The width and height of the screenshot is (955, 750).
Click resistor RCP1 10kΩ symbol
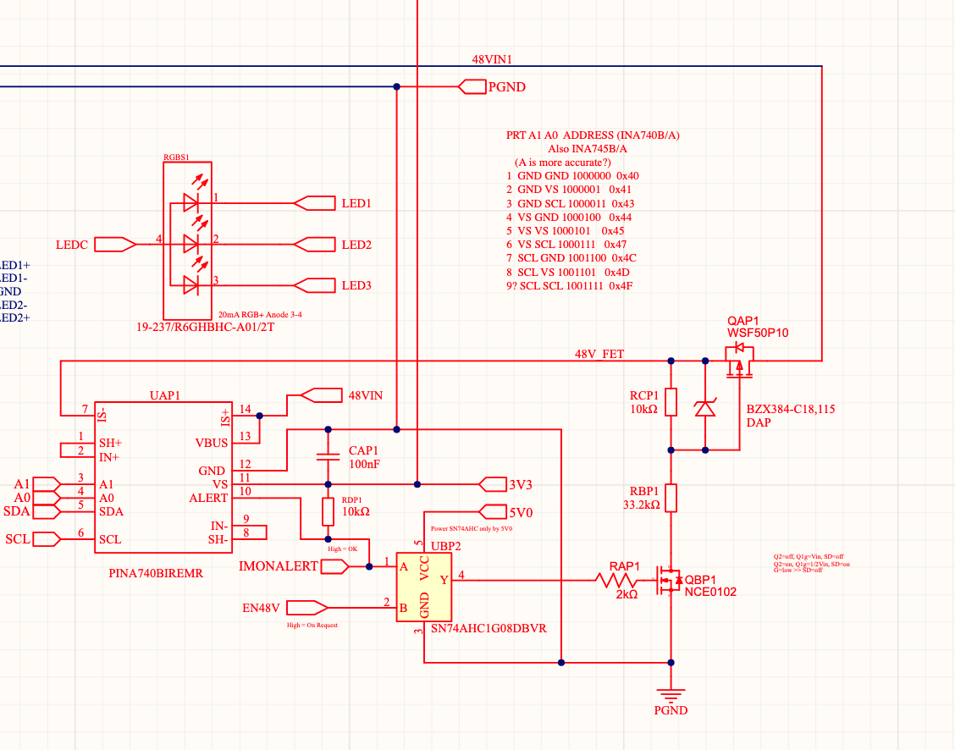point(671,402)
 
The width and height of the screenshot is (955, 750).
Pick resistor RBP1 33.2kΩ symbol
point(671,498)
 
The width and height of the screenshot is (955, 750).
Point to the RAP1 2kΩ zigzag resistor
point(616,581)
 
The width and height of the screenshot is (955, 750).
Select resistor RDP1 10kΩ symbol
point(328,511)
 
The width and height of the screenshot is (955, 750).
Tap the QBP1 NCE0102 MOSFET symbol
point(671,581)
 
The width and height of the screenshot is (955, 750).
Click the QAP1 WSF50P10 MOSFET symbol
point(739,366)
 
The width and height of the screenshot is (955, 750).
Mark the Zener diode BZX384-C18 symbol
point(704,408)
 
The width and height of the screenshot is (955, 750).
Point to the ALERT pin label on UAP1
point(207,498)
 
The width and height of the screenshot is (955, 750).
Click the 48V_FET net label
point(599,354)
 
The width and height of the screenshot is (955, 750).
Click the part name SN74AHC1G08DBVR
point(489,630)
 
